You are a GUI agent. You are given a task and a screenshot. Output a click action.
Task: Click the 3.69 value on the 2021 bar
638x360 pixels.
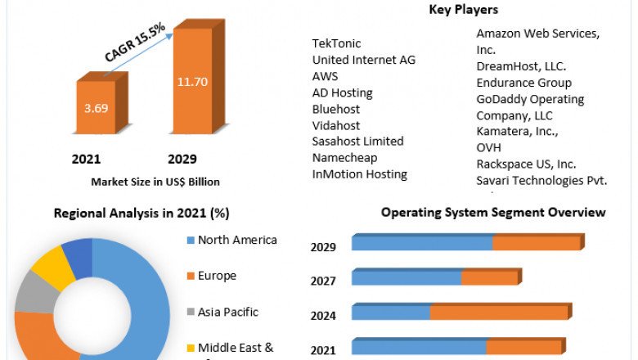96,108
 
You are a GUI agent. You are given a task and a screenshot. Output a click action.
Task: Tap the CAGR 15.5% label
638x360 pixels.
135,43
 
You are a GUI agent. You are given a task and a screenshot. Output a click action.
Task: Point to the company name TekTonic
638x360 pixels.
336,43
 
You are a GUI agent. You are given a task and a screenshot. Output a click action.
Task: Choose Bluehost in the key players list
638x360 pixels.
336,109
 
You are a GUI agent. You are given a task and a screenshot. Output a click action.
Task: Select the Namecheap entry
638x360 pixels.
344,158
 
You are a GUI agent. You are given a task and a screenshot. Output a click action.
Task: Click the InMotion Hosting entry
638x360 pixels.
359,174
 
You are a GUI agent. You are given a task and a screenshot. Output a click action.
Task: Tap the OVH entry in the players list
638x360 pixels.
489,147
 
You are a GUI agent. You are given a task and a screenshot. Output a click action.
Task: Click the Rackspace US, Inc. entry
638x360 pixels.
526,164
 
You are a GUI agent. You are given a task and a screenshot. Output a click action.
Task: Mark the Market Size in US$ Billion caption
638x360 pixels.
155,182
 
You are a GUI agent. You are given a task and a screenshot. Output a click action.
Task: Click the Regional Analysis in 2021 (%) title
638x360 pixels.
142,214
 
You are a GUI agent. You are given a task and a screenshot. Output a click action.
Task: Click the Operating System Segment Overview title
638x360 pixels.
493,213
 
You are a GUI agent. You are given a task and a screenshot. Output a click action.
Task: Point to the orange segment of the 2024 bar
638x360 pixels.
498,313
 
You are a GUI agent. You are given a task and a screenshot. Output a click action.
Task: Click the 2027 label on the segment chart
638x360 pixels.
324,280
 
